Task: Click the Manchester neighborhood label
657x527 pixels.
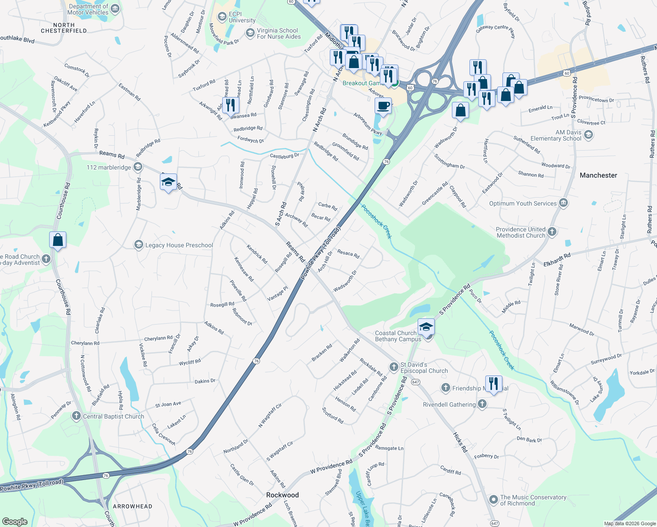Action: [598, 175]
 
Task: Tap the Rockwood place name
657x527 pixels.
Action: [282, 495]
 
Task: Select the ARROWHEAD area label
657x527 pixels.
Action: [133, 506]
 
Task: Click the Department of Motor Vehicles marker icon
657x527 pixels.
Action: [115, 8]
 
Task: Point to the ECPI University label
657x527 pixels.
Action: [242, 17]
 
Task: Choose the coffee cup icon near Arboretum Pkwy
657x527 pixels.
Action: [383, 106]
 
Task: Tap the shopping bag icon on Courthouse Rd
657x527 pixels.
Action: [58, 240]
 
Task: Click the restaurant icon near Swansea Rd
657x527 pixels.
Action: [231, 105]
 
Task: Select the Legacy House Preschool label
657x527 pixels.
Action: [179, 245]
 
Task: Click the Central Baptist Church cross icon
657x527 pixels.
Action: [76, 416]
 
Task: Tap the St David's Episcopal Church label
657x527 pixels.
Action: [424, 368]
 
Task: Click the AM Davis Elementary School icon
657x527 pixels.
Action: [588, 135]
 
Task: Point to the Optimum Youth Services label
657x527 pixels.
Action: [523, 203]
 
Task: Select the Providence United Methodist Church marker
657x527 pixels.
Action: [552, 231]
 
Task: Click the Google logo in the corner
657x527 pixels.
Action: [14, 521]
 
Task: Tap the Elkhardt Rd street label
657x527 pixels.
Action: [557, 260]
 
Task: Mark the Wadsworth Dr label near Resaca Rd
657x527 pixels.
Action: [345, 281]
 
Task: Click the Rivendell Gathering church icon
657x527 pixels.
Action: [482, 404]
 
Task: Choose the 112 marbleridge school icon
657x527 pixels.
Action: [138, 166]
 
